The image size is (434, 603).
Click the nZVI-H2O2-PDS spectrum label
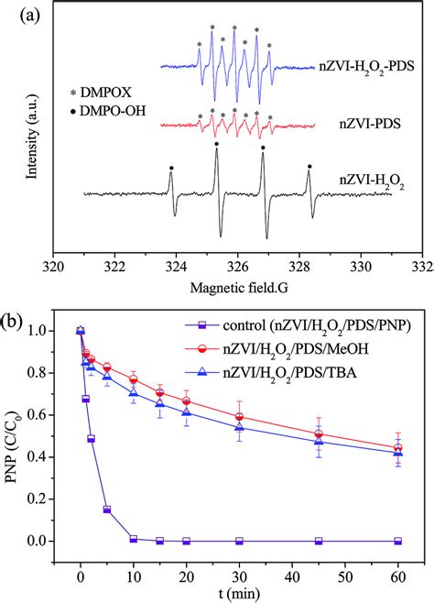[x=366, y=67]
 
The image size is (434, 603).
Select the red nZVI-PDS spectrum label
[x=370, y=124]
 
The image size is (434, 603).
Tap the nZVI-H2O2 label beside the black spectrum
[x=372, y=181]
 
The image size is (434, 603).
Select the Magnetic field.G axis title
[x=239, y=288]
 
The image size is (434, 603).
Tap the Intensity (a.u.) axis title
[x=32, y=136]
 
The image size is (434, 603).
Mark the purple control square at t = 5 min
[x=107, y=510]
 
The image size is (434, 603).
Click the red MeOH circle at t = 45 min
[x=319, y=434]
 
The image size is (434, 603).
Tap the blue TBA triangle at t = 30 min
[x=239, y=427]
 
